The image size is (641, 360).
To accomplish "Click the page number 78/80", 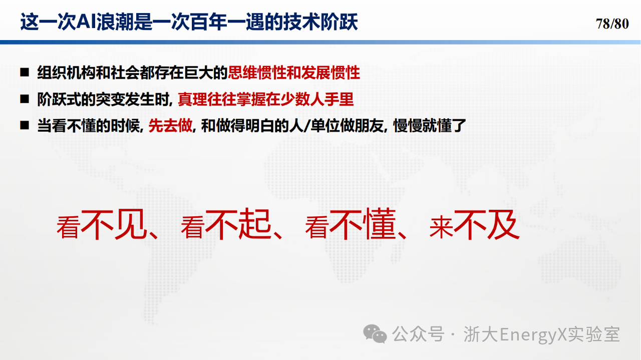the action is pyautogui.click(x=612, y=24).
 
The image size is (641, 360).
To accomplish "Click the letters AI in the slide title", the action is pyautogui.click(x=86, y=22).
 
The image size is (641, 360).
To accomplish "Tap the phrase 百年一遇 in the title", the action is pyautogui.click(x=227, y=22).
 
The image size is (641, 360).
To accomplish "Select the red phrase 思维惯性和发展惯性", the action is pyautogui.click(x=293, y=73).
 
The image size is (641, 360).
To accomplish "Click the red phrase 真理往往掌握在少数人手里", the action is pyautogui.click(x=265, y=99).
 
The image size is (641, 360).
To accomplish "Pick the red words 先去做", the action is pyautogui.click(x=170, y=126).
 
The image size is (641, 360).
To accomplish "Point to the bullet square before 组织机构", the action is pyautogui.click(x=25, y=73).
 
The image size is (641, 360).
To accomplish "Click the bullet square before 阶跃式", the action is pyautogui.click(x=25, y=99).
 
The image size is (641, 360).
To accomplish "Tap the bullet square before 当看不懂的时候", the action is pyautogui.click(x=25, y=125).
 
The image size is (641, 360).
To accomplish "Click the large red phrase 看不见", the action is pyautogui.click(x=103, y=225).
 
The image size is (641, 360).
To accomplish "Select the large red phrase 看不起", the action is pyautogui.click(x=227, y=225).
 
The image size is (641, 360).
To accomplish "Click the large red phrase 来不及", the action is pyautogui.click(x=474, y=225).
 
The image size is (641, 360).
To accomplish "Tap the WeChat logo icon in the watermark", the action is pyautogui.click(x=375, y=333).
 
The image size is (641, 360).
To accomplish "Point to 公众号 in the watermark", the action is pyautogui.click(x=418, y=334).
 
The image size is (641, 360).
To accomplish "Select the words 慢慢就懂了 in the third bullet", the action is pyautogui.click(x=430, y=126).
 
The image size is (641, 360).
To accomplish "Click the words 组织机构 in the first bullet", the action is pyautogui.click(x=67, y=73).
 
